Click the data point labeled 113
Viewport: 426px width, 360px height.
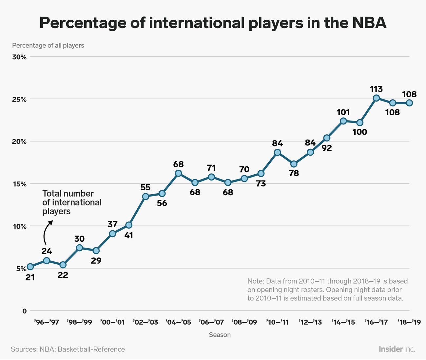(376, 98)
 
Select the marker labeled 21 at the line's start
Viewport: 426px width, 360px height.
(30, 267)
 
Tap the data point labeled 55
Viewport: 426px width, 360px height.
(145, 196)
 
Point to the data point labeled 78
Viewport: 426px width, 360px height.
(294, 164)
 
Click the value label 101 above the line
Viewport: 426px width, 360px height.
(343, 112)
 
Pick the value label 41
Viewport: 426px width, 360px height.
(129, 235)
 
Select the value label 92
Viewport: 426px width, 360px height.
(327, 148)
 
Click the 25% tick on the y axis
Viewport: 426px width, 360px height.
(19, 99)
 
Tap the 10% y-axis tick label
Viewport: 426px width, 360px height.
(19, 226)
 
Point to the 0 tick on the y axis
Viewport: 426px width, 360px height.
(24, 311)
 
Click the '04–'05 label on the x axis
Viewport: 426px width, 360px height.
(178, 322)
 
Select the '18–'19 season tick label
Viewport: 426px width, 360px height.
(409, 322)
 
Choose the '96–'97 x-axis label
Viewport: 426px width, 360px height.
(47, 322)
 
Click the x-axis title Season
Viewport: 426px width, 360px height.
(220, 335)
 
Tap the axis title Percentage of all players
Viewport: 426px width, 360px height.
(48, 46)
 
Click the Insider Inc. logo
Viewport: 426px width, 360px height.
(397, 349)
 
